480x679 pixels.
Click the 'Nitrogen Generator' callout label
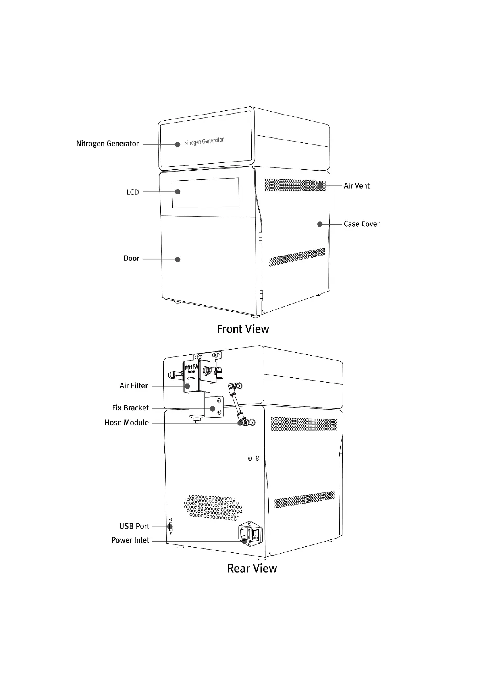[107, 144]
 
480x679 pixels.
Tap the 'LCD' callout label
[133, 192]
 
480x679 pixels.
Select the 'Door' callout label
[131, 258]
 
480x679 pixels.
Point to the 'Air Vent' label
[356, 186]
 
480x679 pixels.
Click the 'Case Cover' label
[362, 224]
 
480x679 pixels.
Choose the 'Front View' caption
[243, 329]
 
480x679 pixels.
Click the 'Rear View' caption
[252, 568]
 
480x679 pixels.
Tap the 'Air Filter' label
[133, 386]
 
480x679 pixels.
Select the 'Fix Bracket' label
[130, 408]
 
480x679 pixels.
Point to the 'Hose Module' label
[127, 423]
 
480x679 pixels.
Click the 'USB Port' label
[134, 526]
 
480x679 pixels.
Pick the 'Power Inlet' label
[130, 540]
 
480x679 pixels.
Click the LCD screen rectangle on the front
[206, 193]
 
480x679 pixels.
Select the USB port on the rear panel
[170, 526]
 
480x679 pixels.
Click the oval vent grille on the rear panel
[213, 507]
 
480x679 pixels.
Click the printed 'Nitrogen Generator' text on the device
[204, 142]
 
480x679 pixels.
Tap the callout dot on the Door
[177, 259]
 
